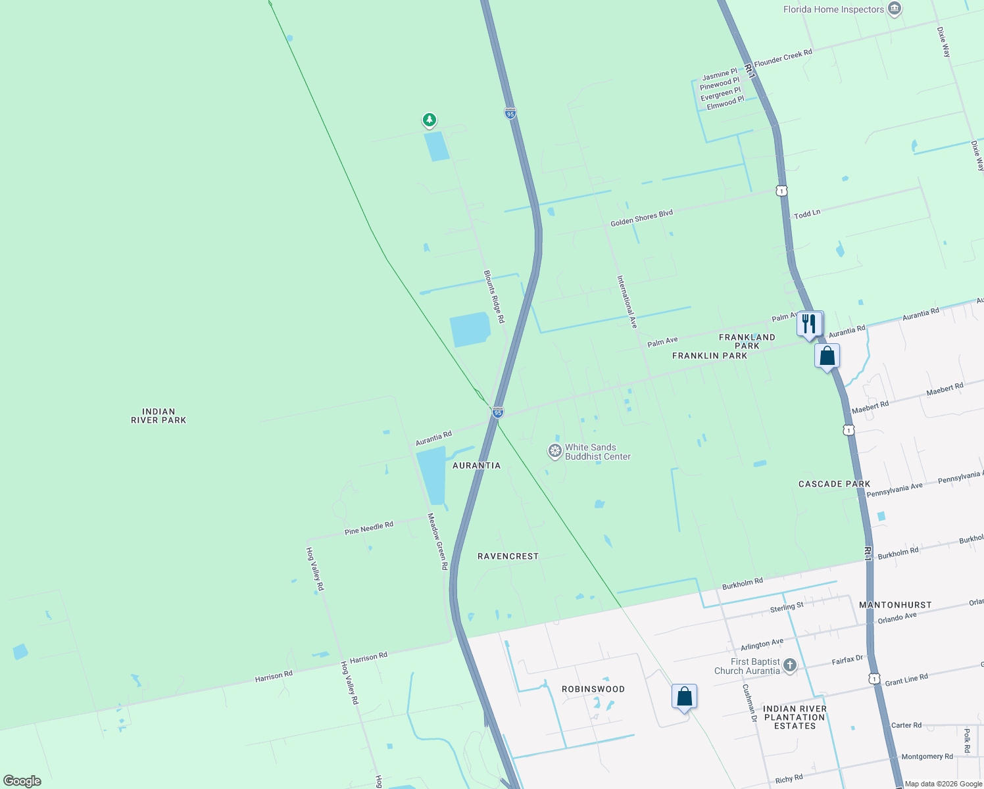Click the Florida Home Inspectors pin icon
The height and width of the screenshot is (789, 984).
pyautogui.click(x=894, y=9)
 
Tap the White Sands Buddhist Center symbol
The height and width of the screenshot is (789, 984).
pyautogui.click(x=555, y=451)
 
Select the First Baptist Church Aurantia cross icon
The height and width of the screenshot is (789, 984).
pyautogui.click(x=790, y=665)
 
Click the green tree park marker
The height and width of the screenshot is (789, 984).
pyautogui.click(x=430, y=120)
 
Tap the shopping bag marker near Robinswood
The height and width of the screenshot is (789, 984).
pyautogui.click(x=684, y=696)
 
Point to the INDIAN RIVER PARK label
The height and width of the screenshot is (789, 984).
pyautogui.click(x=159, y=416)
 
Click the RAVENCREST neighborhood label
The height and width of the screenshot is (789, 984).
pyautogui.click(x=508, y=556)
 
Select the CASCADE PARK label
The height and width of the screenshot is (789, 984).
pyautogui.click(x=834, y=484)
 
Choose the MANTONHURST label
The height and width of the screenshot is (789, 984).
pyautogui.click(x=895, y=605)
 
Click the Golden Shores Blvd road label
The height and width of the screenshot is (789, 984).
pyautogui.click(x=641, y=218)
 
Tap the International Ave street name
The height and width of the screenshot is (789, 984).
pyautogui.click(x=627, y=302)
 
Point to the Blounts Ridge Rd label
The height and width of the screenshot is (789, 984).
pyautogui.click(x=494, y=296)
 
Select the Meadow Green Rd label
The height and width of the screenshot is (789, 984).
pyautogui.click(x=437, y=541)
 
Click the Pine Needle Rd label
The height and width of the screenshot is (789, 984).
pyautogui.click(x=368, y=527)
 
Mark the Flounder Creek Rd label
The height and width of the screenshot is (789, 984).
pyautogui.click(x=783, y=57)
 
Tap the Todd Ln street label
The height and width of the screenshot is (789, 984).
pyautogui.click(x=807, y=214)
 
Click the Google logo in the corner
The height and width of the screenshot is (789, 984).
pyautogui.click(x=22, y=780)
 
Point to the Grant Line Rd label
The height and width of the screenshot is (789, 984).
pyautogui.click(x=906, y=679)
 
